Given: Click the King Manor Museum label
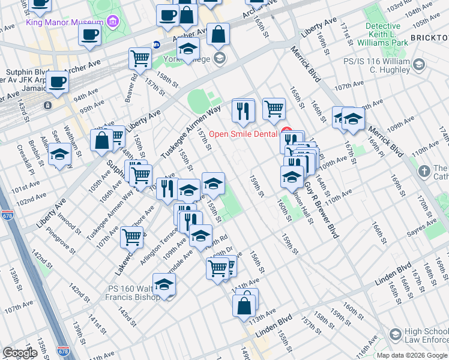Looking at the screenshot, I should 65,22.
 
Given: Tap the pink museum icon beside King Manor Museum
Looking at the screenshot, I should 112,22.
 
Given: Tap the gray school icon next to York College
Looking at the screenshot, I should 220,58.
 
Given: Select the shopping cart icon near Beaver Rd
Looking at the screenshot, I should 140,59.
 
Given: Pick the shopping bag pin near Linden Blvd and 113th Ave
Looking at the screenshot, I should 246,304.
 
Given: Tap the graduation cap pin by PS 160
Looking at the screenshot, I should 164,286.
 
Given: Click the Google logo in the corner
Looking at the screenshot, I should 20,353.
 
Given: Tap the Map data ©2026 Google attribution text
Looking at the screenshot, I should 412,355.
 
